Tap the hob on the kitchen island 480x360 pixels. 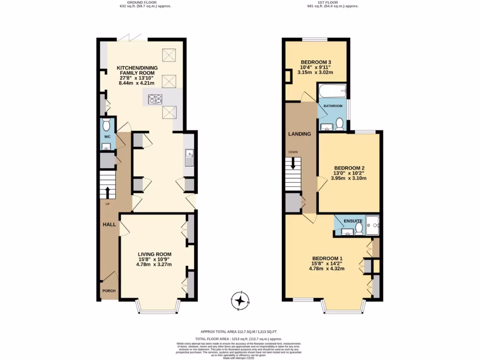(x=155, y=99)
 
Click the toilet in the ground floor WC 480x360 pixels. (x=106, y=125)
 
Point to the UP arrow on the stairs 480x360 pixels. (x=107, y=192)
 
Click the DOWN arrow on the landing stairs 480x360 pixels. (x=293, y=164)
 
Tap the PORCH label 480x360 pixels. (x=109, y=291)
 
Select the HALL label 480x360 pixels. (x=109, y=225)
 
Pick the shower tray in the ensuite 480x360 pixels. (x=372, y=225)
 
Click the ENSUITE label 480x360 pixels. (x=353, y=220)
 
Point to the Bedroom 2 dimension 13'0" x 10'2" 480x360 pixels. (x=349, y=173)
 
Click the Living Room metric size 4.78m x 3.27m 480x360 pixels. (x=154, y=264)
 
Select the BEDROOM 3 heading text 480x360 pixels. (x=316, y=62)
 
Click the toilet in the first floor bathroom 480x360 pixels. (x=339, y=124)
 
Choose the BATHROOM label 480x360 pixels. (x=333, y=106)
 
